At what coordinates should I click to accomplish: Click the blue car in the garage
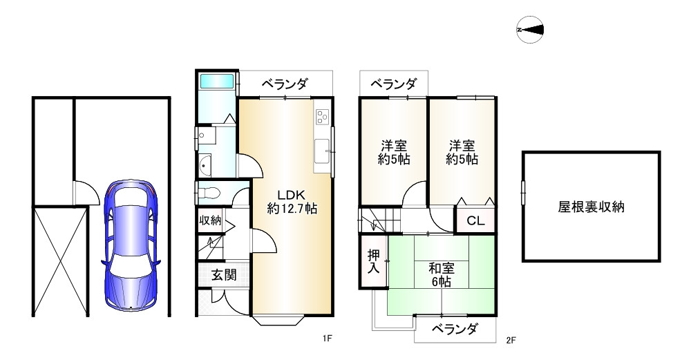[131, 245]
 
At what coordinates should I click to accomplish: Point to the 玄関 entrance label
[224, 275]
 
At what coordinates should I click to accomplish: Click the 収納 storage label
[210, 221]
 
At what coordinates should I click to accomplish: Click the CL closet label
[475, 222]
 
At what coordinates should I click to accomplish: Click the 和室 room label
[441, 267]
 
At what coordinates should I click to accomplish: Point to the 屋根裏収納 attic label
[591, 207]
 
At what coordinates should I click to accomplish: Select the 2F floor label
[511, 339]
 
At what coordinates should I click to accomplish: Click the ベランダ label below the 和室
[455, 329]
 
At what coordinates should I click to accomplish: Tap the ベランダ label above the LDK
[284, 84]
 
